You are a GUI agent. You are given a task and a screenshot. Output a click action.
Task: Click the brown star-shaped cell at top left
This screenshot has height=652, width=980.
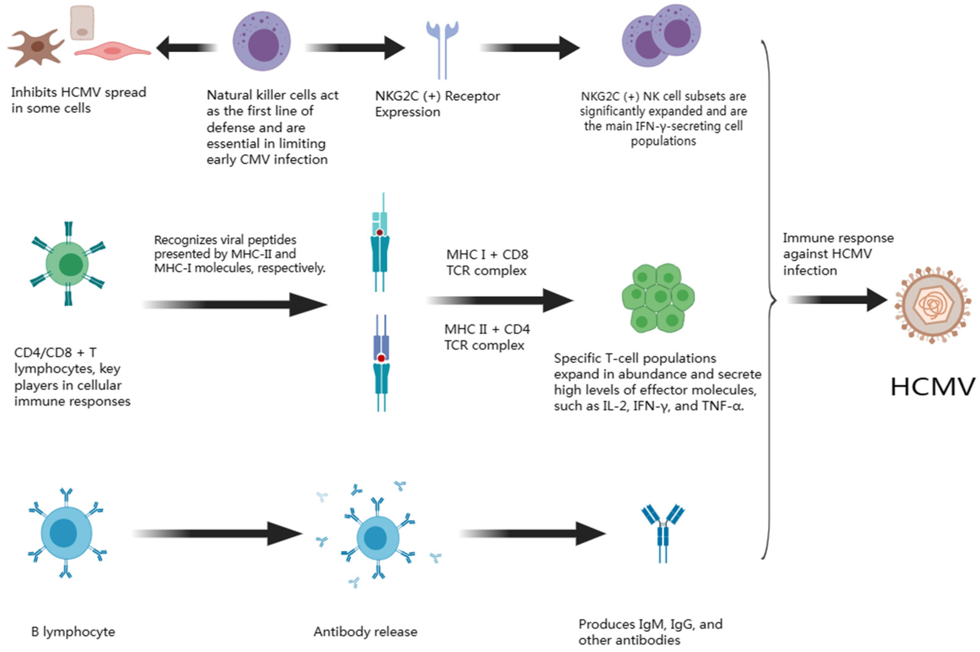36,47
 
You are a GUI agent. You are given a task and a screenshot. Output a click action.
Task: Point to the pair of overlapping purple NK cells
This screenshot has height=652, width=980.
661,36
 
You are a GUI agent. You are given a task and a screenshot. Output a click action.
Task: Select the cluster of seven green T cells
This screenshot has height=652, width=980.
658,298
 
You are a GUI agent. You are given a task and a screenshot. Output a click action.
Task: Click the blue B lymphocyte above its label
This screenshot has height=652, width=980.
67,533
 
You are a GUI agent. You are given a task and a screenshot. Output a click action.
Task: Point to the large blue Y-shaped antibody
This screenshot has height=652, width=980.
663,533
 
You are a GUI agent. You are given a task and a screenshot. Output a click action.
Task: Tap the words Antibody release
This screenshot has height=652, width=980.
365,632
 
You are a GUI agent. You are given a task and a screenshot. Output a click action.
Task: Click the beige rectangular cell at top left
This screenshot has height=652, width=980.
82,22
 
